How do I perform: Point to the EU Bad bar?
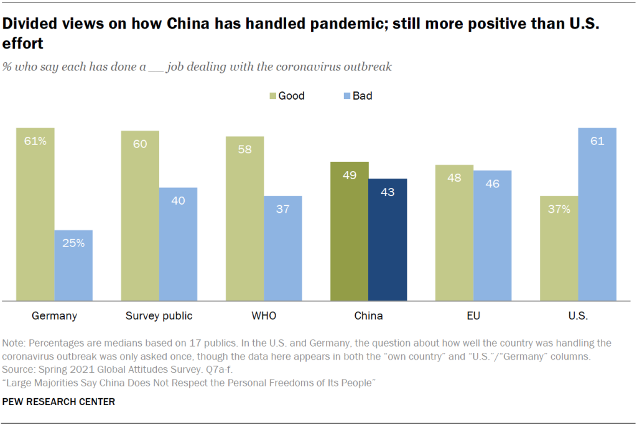tap(492, 236)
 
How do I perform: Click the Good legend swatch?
tap(273, 96)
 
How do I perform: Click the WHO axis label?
tap(264, 315)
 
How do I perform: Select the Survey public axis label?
tap(159, 315)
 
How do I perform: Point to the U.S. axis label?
tap(578, 315)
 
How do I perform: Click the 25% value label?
tap(73, 243)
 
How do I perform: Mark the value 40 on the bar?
tap(178, 200)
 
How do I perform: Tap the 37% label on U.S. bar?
tap(559, 209)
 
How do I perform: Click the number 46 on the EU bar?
tap(492, 184)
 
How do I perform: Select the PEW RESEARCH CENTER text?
tap(58, 402)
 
